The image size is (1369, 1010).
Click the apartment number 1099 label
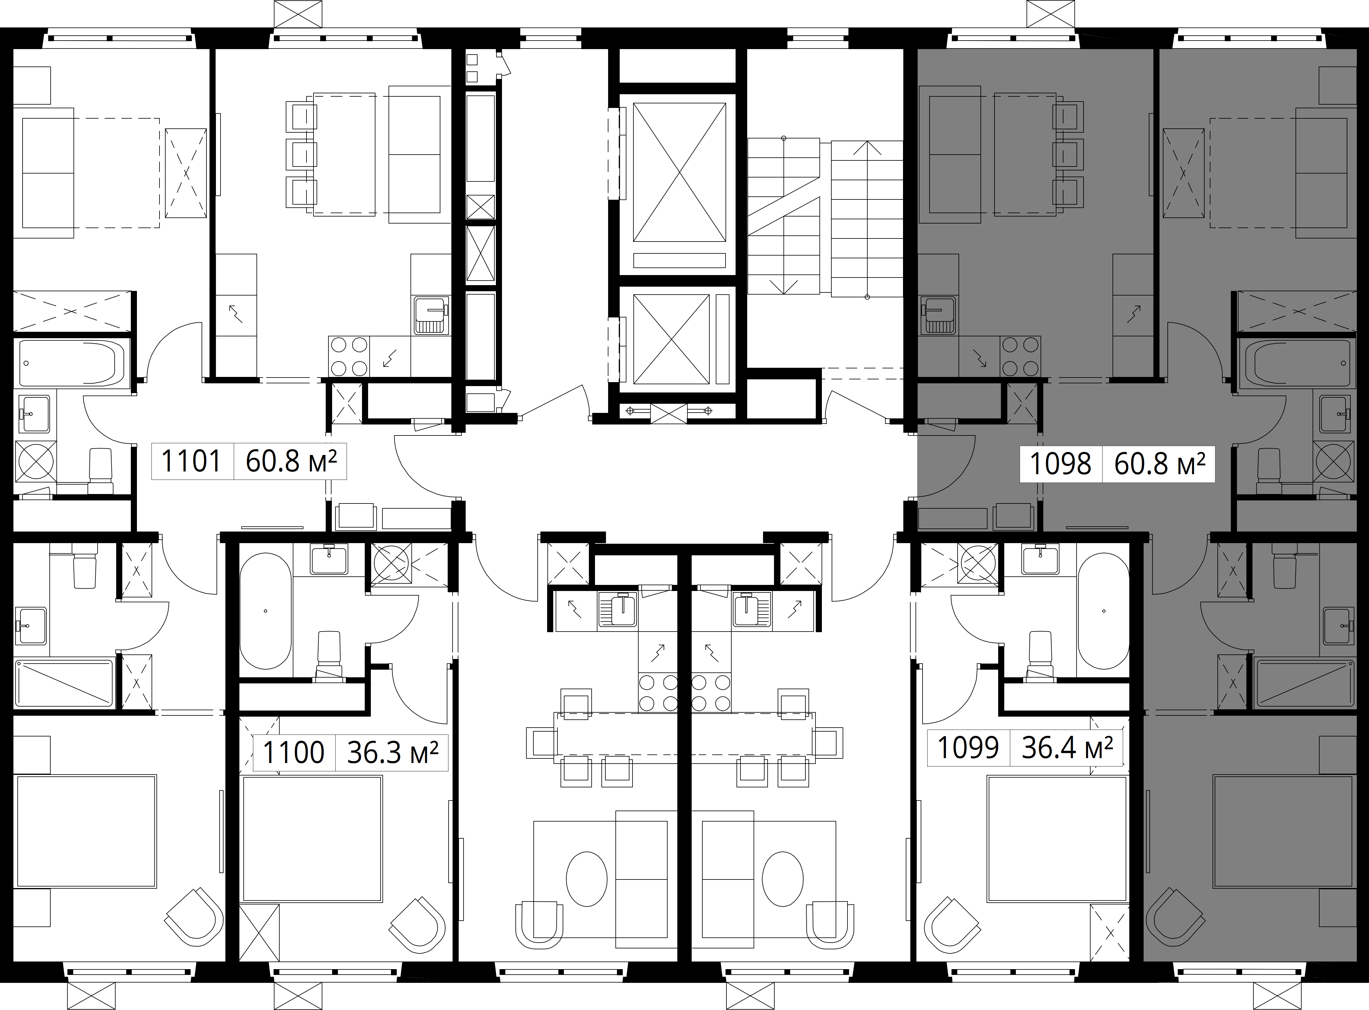click(968, 747)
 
